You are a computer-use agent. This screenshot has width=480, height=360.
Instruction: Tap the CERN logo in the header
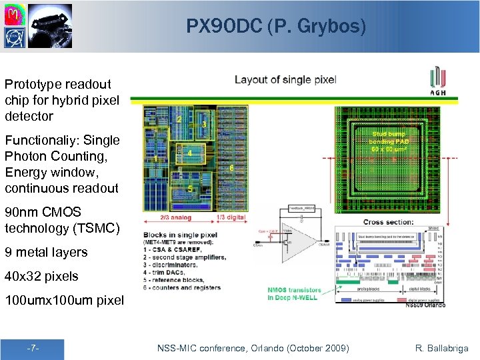[14, 36]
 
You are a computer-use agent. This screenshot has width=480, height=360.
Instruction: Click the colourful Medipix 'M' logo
[14, 13]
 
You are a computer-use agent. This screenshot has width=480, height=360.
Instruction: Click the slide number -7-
[33, 349]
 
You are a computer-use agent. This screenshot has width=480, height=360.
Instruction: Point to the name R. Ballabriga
[442, 348]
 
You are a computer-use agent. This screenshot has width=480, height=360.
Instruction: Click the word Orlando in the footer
[298, 348]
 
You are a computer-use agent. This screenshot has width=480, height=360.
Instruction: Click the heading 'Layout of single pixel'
[285, 79]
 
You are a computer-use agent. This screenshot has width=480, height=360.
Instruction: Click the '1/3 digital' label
[231, 217]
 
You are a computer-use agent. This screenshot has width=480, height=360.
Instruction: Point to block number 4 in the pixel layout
[190, 153]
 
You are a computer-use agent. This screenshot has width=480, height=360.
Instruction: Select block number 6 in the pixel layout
[231, 168]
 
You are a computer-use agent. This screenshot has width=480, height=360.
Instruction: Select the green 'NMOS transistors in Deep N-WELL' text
[295, 294]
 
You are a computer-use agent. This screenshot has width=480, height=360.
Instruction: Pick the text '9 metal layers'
[46, 252]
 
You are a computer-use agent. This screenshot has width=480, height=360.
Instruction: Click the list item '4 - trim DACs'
[174, 273]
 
